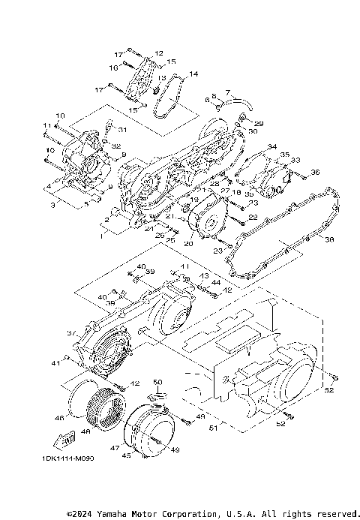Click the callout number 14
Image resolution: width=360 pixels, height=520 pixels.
point(193,74)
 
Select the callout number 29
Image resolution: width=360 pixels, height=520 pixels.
point(259,123)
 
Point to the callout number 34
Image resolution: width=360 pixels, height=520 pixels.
point(271,146)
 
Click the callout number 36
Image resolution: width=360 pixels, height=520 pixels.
point(315,173)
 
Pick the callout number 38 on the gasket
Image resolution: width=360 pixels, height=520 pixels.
point(328,240)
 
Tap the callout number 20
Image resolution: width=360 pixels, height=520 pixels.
point(188,243)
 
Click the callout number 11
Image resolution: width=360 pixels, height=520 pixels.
point(46,125)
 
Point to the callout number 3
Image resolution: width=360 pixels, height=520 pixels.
point(53,203)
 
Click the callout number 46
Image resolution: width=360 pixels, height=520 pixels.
point(59,417)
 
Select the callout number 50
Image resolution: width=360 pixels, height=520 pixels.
point(157,382)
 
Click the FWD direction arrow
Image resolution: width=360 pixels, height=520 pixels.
point(67,437)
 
